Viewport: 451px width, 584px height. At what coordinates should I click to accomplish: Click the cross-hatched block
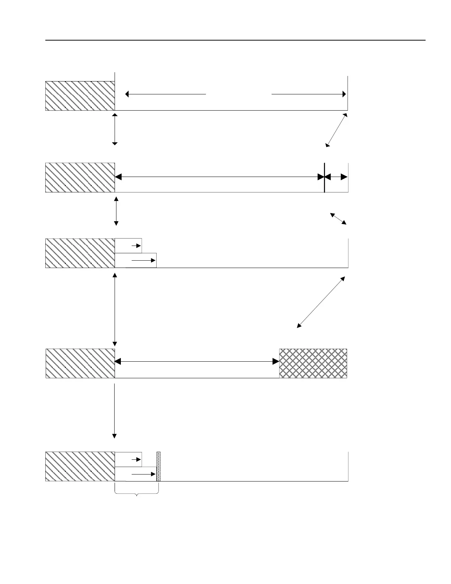pyautogui.click(x=313, y=363)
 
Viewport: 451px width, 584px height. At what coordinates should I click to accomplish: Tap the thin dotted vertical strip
pyautogui.click(x=158, y=466)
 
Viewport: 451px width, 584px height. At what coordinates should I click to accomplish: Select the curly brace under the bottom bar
pyautogui.click(x=137, y=493)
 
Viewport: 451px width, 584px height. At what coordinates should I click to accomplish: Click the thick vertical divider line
pyautogui.click(x=324, y=177)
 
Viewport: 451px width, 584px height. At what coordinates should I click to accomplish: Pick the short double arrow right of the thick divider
pyautogui.click(x=336, y=177)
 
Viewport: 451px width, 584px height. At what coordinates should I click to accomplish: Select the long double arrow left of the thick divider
pyautogui.click(x=219, y=177)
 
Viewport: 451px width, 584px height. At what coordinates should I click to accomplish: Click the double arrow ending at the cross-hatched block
pyautogui.click(x=197, y=362)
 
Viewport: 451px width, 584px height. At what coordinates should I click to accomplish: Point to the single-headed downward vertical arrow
pyautogui.click(x=115, y=411)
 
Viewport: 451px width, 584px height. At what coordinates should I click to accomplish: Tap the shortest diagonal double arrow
pyautogui.click(x=338, y=219)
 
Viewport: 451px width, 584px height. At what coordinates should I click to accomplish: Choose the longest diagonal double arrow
pyautogui.click(x=321, y=302)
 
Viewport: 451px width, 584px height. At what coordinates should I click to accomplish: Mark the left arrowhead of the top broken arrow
pyautogui.click(x=127, y=94)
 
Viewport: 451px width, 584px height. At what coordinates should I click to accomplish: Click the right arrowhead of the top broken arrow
pyautogui.click(x=344, y=94)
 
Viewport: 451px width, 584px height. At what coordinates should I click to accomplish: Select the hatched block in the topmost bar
pyautogui.click(x=80, y=96)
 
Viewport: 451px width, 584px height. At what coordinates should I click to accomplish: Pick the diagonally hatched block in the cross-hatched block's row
pyautogui.click(x=80, y=363)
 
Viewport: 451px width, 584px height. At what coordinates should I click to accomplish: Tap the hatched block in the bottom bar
pyautogui.click(x=80, y=466)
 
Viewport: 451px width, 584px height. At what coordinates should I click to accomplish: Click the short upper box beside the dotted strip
pyautogui.click(x=128, y=459)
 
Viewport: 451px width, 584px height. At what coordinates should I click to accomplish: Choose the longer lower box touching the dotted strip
pyautogui.click(x=136, y=474)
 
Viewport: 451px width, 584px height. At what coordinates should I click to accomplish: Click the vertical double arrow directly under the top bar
pyautogui.click(x=115, y=129)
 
